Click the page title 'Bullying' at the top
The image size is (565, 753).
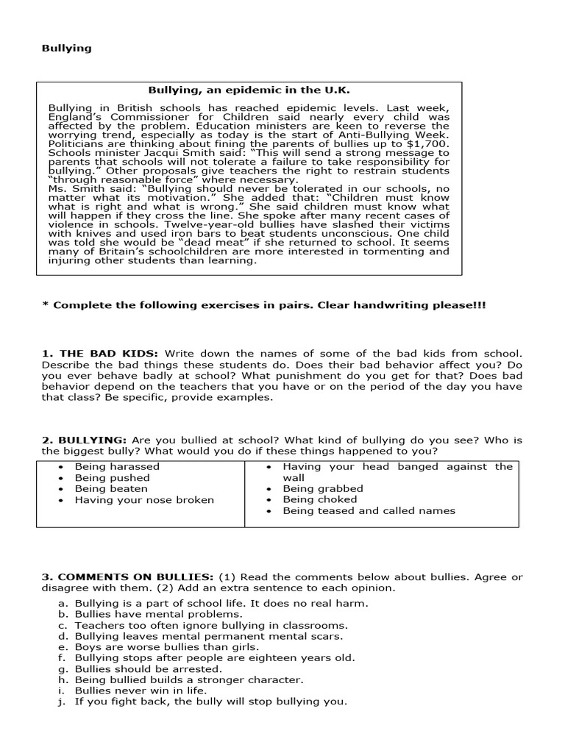66,48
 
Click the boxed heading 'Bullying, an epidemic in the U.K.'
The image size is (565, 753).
249,90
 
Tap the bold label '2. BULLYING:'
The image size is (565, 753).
78,440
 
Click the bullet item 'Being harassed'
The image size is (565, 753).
117,466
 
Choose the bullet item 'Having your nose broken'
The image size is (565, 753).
144,500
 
